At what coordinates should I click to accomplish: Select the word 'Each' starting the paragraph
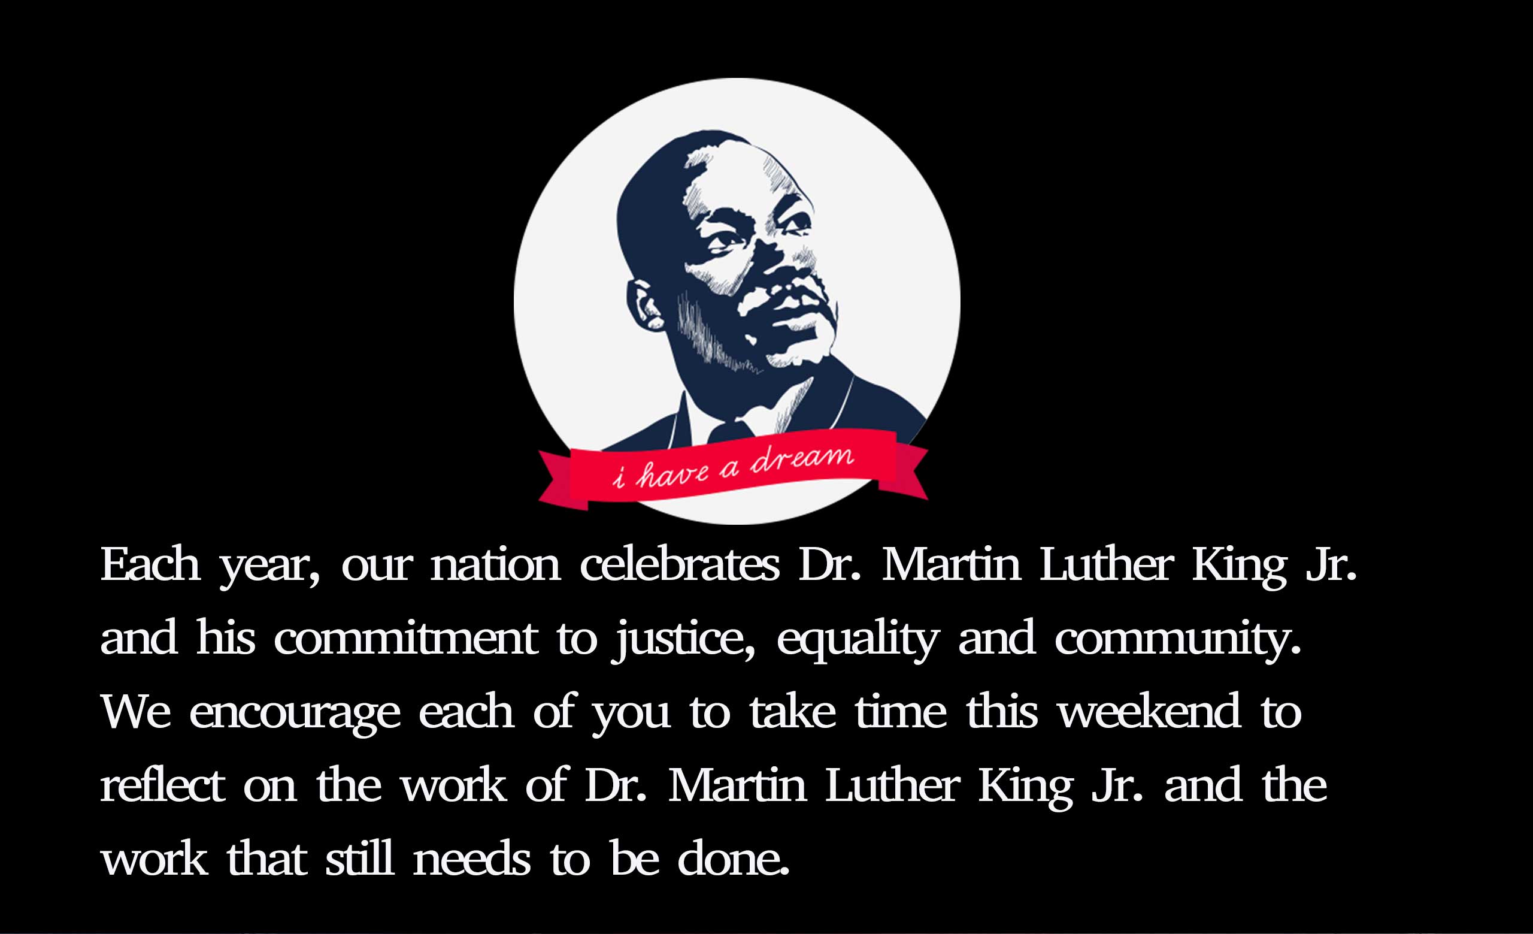pyautogui.click(x=150, y=564)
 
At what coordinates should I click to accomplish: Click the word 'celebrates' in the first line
pyautogui.click(x=680, y=564)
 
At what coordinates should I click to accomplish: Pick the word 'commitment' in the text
pyautogui.click(x=405, y=638)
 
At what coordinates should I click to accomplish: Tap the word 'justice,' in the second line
pyautogui.click(x=684, y=640)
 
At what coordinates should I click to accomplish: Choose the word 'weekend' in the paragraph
pyautogui.click(x=1150, y=711)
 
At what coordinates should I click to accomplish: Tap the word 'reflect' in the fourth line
pyautogui.click(x=162, y=785)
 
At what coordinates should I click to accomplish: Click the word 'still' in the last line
pyautogui.click(x=360, y=858)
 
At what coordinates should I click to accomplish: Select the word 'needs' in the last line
pyautogui.click(x=472, y=858)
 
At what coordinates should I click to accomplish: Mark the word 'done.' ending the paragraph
pyautogui.click(x=734, y=858)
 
